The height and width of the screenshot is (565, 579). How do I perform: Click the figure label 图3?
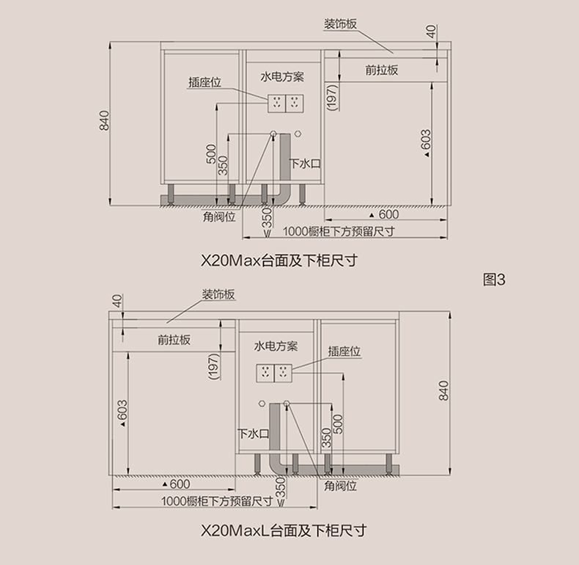(x=495, y=279)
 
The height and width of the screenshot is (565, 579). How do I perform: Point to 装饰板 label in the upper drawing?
(x=341, y=23)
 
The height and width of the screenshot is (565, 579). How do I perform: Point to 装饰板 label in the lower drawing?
(x=218, y=294)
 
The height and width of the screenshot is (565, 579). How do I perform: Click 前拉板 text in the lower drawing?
(x=174, y=340)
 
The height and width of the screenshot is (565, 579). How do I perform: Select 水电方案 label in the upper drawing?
(x=282, y=77)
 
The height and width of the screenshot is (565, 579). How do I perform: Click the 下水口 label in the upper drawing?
(x=305, y=164)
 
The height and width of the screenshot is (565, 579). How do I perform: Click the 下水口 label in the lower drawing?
(x=254, y=434)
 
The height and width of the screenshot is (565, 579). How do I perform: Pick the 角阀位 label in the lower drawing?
(x=341, y=486)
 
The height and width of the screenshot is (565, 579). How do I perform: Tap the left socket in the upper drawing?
(x=277, y=103)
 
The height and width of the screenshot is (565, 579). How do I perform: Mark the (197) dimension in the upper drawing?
(x=331, y=98)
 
